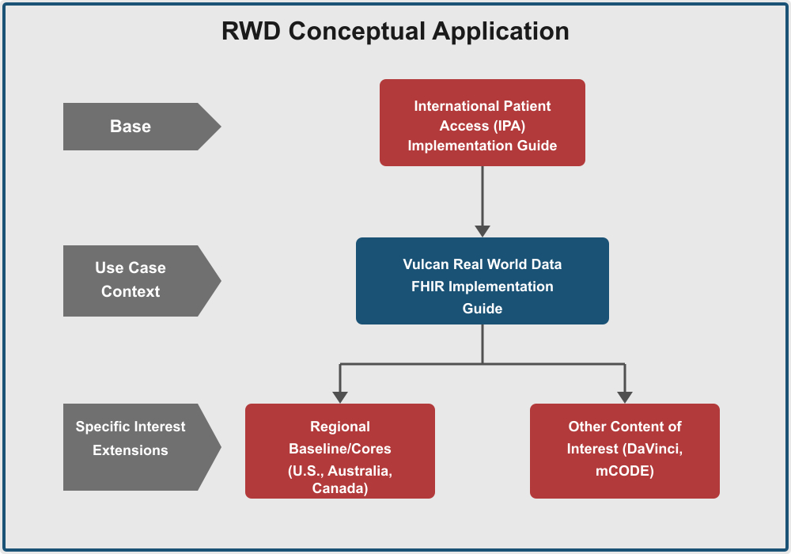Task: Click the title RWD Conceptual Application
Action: (x=395, y=31)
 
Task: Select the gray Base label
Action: (x=131, y=127)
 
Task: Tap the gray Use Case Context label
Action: (x=131, y=280)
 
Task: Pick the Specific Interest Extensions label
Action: (x=131, y=438)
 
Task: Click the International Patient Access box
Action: (x=482, y=123)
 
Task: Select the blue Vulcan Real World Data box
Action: (x=482, y=281)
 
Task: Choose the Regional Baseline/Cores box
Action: (x=339, y=451)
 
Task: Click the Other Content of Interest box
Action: (x=624, y=451)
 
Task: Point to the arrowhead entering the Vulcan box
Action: (x=483, y=231)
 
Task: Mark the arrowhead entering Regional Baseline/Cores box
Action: (x=340, y=397)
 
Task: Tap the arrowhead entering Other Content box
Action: (x=625, y=397)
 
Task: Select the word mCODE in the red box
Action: (x=624, y=472)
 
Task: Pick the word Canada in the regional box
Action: (x=340, y=489)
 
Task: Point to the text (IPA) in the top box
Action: (x=506, y=126)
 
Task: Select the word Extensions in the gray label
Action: (x=131, y=450)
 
